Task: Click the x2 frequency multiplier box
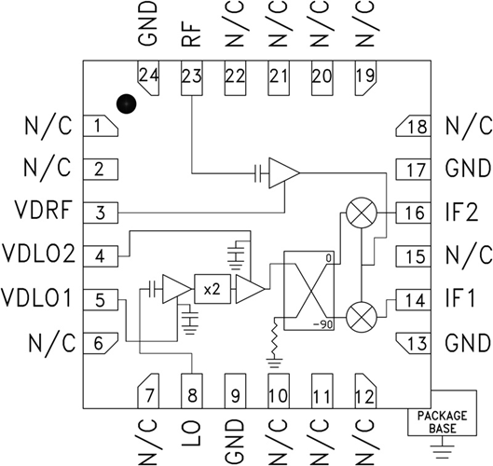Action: tap(209, 289)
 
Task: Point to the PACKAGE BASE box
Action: tap(442, 421)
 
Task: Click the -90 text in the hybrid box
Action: tap(323, 324)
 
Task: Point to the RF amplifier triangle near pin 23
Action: tap(281, 172)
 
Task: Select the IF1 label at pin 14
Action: tap(463, 299)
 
